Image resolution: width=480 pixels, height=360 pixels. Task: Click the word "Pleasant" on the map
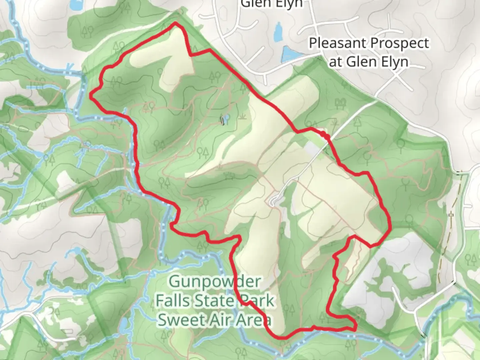(337, 43)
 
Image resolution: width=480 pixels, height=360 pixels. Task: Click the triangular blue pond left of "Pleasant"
(289, 54)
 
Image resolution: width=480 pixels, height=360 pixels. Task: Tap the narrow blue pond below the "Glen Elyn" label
(277, 32)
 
